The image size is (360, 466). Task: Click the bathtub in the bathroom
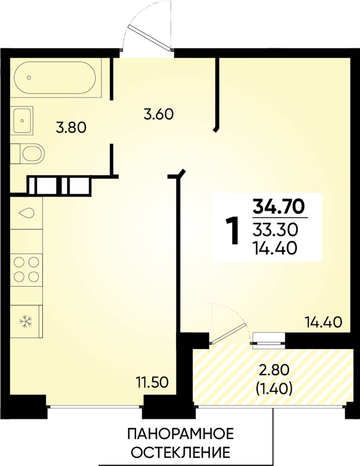coord(55,77)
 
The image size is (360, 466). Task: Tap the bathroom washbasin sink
coord(22,120)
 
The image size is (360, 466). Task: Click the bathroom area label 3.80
coord(71,128)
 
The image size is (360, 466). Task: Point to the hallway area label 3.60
coord(158,114)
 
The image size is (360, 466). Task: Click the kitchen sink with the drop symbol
coord(27,213)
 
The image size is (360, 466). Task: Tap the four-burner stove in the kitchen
coord(27,270)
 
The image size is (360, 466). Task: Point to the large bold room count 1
coord(233,230)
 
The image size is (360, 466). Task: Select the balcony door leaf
coord(228,334)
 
